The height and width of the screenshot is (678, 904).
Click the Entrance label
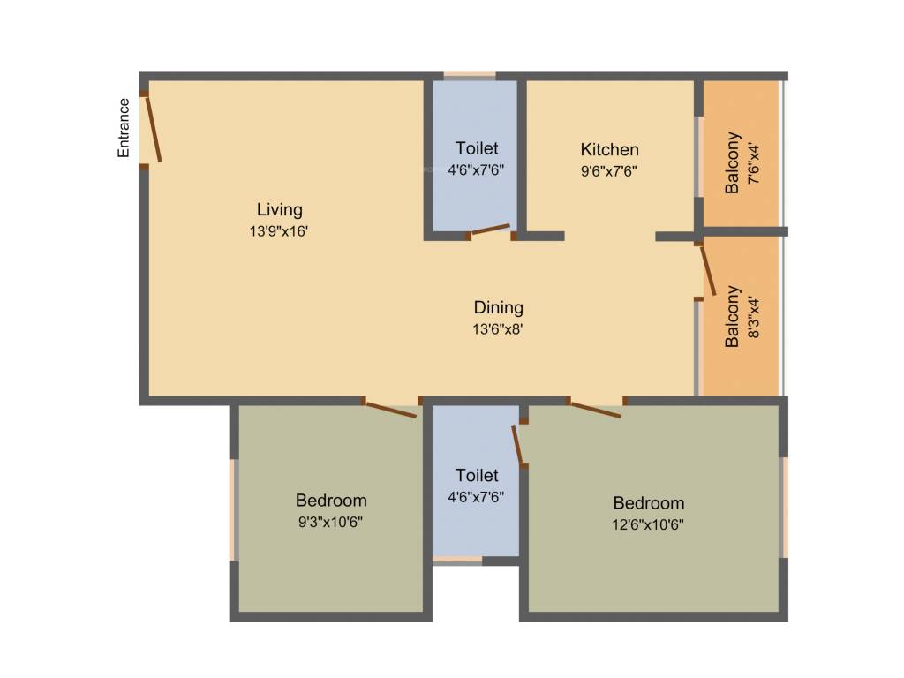tap(124, 128)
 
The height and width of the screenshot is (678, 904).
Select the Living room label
tap(279, 209)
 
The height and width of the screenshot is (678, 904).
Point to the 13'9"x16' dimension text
tap(279, 231)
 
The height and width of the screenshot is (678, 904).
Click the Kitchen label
tap(609, 149)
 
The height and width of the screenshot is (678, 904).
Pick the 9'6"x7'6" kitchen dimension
tap(609, 170)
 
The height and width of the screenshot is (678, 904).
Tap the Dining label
tap(499, 307)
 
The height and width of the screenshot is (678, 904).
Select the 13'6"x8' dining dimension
tap(499, 329)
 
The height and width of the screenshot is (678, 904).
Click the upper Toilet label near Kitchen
tap(477, 148)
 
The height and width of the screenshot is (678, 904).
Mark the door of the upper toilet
tap(490, 231)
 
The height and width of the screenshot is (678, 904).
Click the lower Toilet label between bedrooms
tap(477, 475)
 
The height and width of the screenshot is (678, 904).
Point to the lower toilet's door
tap(518, 444)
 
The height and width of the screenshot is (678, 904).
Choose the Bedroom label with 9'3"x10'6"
tap(331, 500)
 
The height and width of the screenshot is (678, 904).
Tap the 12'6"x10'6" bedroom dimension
tap(649, 524)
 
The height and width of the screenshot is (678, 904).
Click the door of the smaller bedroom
tap(390, 409)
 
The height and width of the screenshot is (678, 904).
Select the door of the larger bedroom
tap(596, 409)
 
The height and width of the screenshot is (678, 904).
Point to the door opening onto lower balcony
tap(708, 270)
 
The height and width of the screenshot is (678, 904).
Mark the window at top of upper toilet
tap(470, 75)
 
